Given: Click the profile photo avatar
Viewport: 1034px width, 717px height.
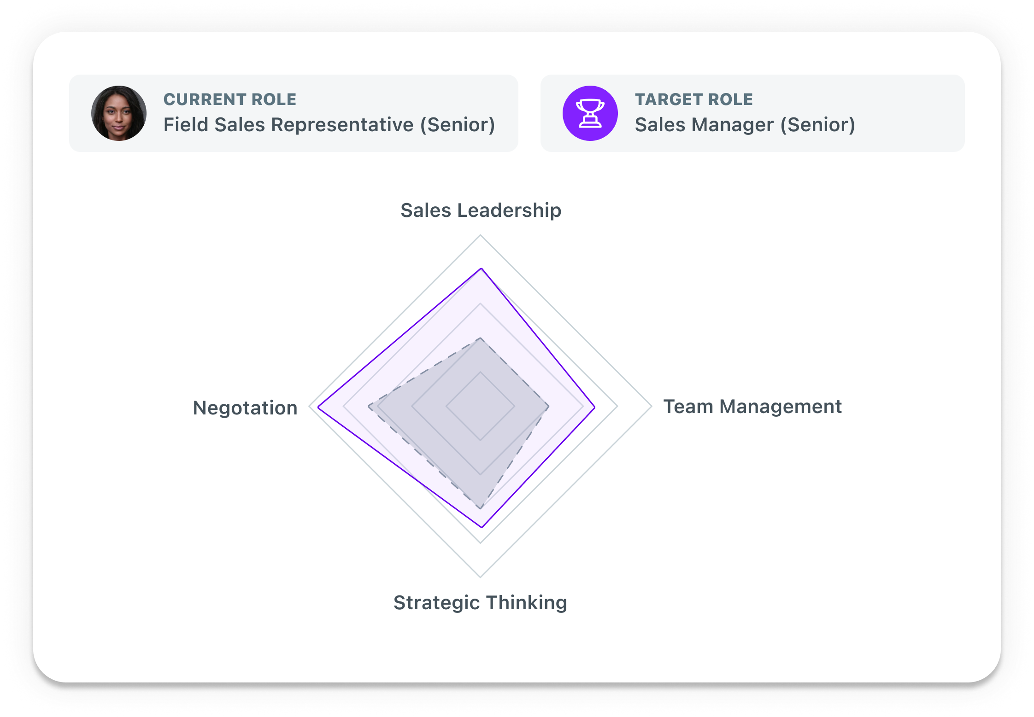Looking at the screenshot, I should pos(119,113).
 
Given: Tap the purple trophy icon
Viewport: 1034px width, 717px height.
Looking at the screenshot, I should pos(590,113).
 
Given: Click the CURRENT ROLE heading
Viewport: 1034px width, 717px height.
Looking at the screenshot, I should pos(230,99).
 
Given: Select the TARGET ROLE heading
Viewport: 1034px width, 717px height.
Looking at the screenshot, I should pos(693,99).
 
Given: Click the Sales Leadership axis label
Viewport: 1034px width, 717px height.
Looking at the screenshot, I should pos(481,210).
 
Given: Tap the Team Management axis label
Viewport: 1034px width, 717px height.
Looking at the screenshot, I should pos(752,407).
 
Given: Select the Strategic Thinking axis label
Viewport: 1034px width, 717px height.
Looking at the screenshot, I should pos(480,602).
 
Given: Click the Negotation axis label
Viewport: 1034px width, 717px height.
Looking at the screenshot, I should pos(245,408).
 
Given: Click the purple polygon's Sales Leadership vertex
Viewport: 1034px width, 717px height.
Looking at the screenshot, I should pos(481,268).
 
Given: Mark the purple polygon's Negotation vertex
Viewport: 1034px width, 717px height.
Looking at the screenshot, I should pos(318,407).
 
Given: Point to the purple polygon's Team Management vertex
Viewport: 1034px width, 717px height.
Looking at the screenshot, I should pos(595,407).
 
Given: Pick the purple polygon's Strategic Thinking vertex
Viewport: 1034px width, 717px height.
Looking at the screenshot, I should pos(482,527).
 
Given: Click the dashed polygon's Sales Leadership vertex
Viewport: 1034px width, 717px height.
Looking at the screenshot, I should pos(481,338).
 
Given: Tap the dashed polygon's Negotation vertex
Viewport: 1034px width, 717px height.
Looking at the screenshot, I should pos(369,407).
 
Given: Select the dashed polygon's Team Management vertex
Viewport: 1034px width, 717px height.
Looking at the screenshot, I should pos(548,407).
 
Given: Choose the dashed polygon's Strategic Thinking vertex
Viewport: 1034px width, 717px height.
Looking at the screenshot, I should pos(481,508).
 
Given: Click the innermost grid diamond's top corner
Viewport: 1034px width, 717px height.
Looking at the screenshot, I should pos(481,372).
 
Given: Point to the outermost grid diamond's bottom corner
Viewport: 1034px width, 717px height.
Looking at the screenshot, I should pos(481,577).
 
